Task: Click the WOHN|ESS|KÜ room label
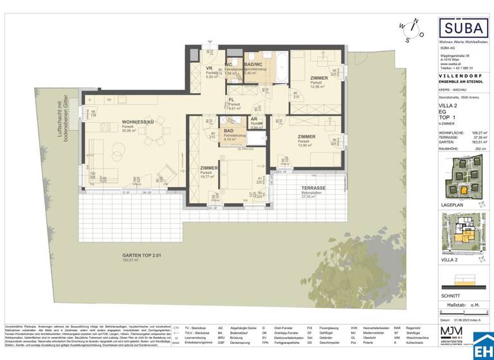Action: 136,122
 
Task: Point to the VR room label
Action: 209,68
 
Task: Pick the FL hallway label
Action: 232,100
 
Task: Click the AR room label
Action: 254,119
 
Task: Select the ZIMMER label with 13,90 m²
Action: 306,136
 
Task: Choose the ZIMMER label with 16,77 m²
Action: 208,167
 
